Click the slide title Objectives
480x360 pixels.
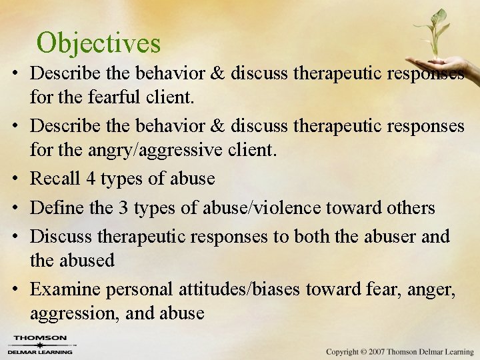pyautogui.click(x=99, y=43)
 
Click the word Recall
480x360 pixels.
pyautogui.click(x=55, y=179)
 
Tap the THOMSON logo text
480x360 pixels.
pyautogui.click(x=41, y=338)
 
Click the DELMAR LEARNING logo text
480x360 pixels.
pyautogui.click(x=41, y=351)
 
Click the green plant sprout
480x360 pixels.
pyautogui.click(x=436, y=30)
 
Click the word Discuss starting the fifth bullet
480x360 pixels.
pyautogui.click(x=61, y=236)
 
